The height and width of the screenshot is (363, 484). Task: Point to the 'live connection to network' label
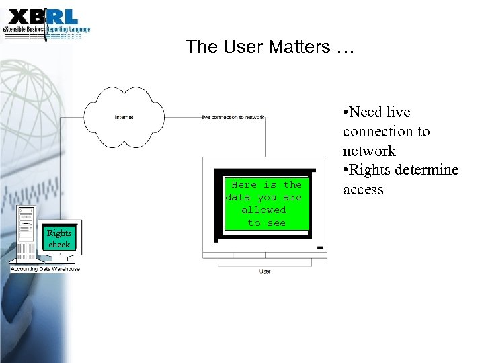233,118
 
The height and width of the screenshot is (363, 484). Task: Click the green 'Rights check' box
59,238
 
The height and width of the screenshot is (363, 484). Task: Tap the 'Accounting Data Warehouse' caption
45,269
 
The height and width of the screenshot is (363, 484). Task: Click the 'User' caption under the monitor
265,271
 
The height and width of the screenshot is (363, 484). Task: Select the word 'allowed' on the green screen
264,210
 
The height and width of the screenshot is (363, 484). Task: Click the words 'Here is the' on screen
266,184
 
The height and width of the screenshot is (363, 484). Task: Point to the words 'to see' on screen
267,223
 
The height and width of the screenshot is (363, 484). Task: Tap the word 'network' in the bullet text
369,151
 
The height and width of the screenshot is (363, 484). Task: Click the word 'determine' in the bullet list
426,170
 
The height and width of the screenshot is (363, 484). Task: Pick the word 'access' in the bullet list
363,190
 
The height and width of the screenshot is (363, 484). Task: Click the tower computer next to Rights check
28,235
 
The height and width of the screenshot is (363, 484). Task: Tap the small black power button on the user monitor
320,248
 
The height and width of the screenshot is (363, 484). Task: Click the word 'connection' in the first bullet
386,132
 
